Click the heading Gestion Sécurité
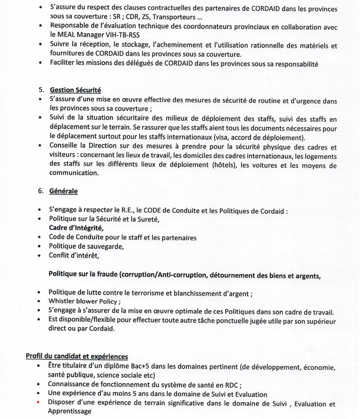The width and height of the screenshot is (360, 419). click(75, 89)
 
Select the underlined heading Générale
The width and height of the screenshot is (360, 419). click(63, 191)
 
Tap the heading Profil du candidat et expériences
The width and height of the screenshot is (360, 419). click(77, 356)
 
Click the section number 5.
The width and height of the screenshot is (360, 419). click(41, 89)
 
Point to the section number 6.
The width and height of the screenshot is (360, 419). click(41, 191)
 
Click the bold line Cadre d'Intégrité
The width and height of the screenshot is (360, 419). click(76, 228)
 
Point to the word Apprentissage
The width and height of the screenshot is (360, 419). click(70, 412)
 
